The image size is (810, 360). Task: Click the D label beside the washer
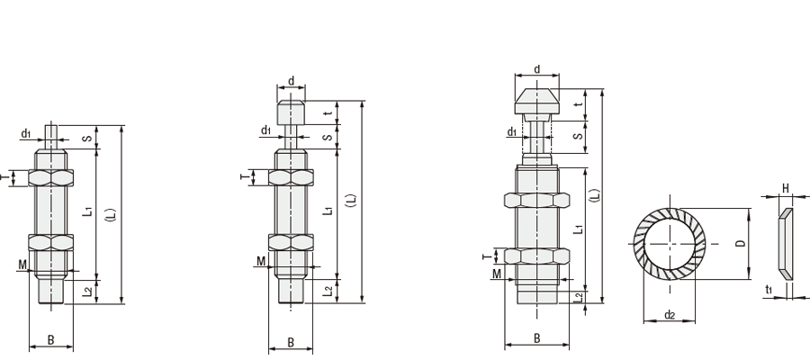(741, 243)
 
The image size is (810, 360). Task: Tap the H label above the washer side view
(785, 188)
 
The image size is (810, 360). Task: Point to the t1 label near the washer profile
(769, 290)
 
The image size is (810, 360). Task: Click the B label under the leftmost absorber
(50, 340)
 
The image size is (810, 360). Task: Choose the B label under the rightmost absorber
(536, 338)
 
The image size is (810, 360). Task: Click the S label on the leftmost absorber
(88, 139)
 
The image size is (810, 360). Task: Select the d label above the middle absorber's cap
(291, 81)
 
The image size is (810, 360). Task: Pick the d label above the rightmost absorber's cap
(536, 69)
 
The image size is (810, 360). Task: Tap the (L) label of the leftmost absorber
(111, 214)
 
